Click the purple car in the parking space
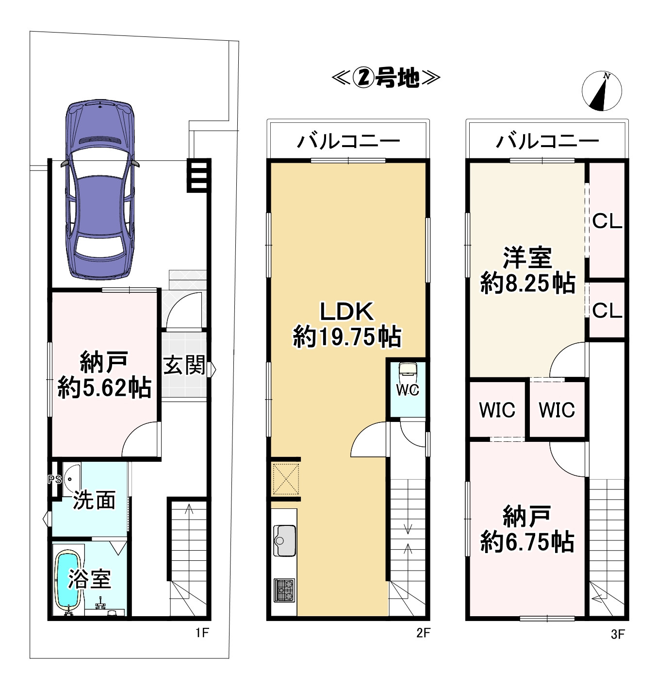tap(100, 189)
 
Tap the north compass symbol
tap(602, 91)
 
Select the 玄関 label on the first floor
tap(184, 365)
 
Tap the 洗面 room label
tap(94, 500)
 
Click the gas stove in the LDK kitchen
tap(284, 590)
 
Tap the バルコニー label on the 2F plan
tap(348, 141)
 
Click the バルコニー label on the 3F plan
tap(547, 141)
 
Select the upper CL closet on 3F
tap(607, 222)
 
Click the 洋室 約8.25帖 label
tap(527, 270)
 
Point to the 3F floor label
tap(617, 634)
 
